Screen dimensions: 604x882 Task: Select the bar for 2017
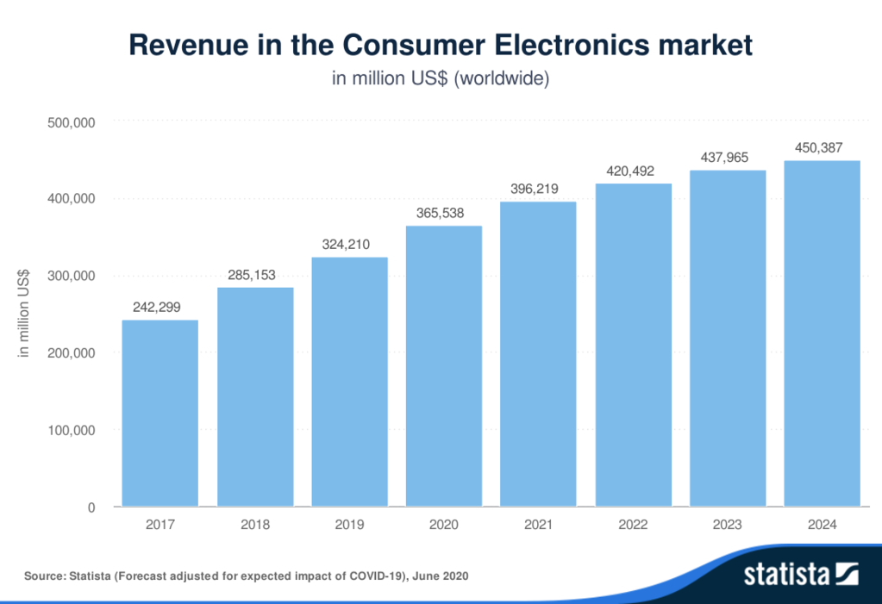160,413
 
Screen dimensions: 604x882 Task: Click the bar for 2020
444,365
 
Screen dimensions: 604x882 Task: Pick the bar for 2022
633,344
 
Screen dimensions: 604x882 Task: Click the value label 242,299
156,307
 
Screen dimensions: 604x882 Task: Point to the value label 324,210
345,245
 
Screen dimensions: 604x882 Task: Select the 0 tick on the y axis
91,507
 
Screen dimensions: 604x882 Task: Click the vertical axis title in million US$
25,314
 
